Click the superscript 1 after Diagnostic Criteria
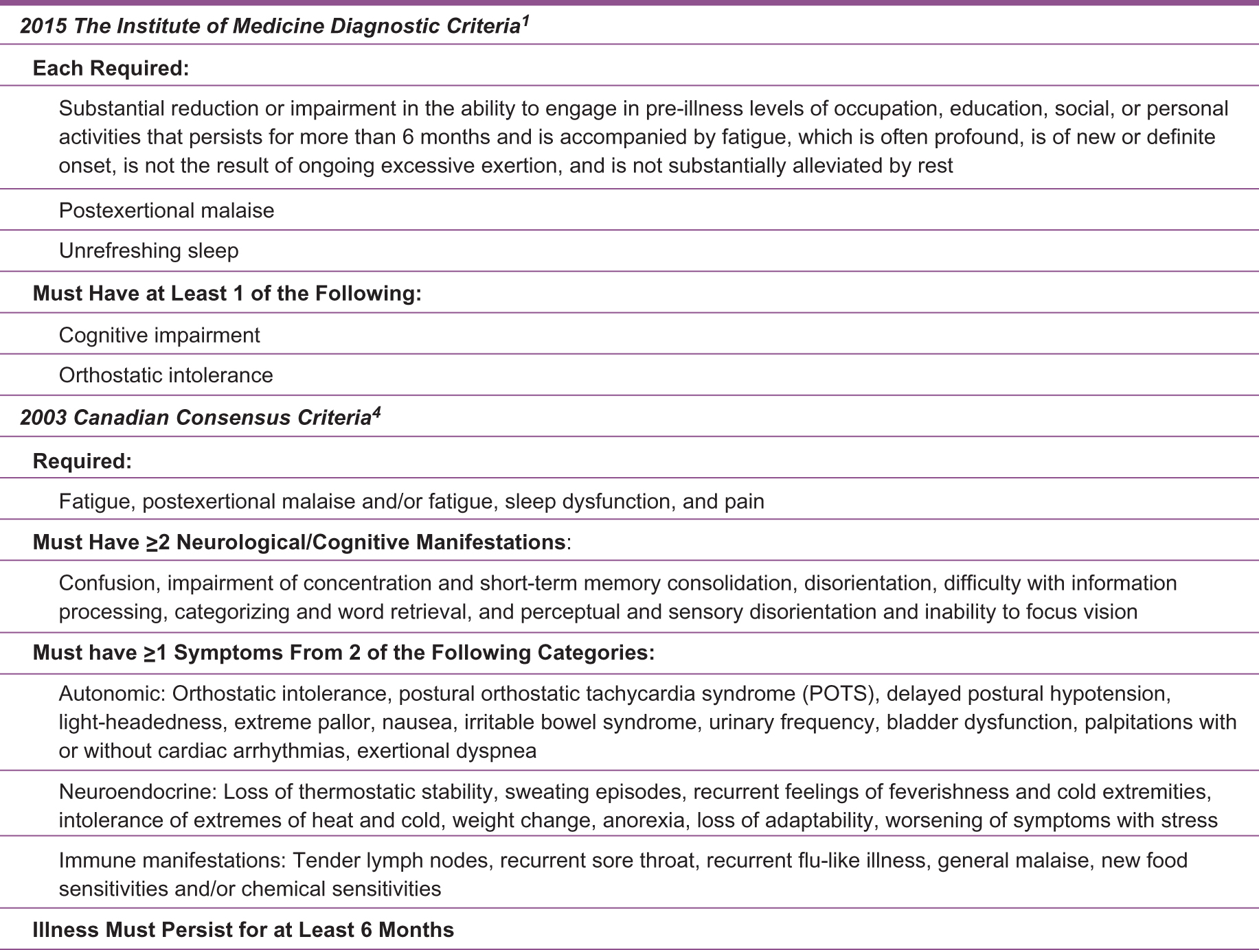coord(525,21)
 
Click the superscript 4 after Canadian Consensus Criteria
coord(376,413)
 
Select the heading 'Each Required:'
coord(111,68)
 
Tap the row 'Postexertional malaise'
coord(166,210)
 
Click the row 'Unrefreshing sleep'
coord(148,251)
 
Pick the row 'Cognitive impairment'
coord(159,335)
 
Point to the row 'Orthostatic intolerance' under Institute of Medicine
coord(166,375)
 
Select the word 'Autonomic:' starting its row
coord(113,693)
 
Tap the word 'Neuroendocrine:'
coord(138,791)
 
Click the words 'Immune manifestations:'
coord(172,860)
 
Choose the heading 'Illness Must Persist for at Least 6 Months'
coord(243,929)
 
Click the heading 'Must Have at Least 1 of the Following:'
coord(227,293)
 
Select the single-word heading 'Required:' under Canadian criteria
coord(82,461)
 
